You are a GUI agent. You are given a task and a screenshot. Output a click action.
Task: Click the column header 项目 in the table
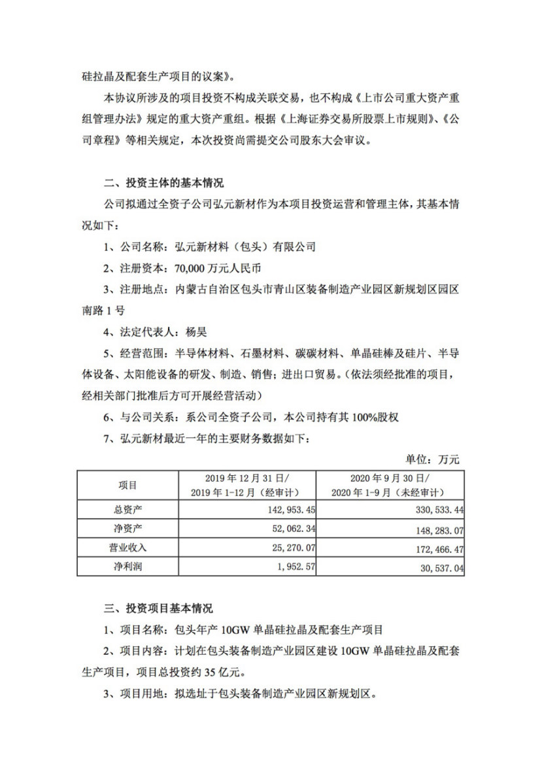127,485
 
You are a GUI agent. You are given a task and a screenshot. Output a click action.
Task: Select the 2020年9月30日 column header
390,478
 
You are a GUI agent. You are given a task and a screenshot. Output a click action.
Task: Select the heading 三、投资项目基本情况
159,608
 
